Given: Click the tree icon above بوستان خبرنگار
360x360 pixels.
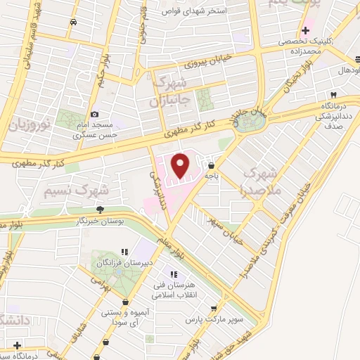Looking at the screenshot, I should click(x=101, y=209).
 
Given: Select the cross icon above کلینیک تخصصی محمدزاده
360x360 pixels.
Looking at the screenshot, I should click(x=304, y=30).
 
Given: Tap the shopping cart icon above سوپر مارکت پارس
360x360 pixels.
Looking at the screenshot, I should click(x=212, y=308).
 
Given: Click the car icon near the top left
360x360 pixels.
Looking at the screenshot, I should click(x=74, y=22).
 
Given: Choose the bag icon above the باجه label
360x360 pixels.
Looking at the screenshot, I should click(x=212, y=167).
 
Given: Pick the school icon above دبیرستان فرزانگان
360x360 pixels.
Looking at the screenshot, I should click(x=125, y=251).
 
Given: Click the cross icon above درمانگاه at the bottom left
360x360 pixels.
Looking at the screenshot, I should click(x=17, y=345).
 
